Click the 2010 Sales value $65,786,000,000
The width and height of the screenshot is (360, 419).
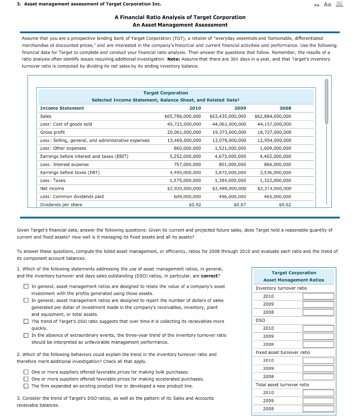(x=182, y=116)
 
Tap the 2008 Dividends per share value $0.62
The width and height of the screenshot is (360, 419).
(x=285, y=205)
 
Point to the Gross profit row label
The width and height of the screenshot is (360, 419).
(x=52, y=132)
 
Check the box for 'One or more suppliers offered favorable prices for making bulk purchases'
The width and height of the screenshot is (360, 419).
(x=26, y=372)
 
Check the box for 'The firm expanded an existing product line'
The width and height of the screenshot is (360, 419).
(x=26, y=386)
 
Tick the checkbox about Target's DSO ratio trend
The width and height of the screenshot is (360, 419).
(x=26, y=322)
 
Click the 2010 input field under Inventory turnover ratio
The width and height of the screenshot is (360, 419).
(x=318, y=296)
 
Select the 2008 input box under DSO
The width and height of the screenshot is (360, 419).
(x=318, y=345)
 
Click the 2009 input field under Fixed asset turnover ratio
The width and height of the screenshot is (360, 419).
(x=318, y=369)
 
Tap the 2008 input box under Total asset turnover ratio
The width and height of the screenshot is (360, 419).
(x=318, y=409)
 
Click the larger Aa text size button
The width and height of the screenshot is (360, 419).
(x=327, y=5)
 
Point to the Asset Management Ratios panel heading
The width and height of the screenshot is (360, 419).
(x=294, y=280)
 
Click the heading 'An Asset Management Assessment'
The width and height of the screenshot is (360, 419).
(x=180, y=25)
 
